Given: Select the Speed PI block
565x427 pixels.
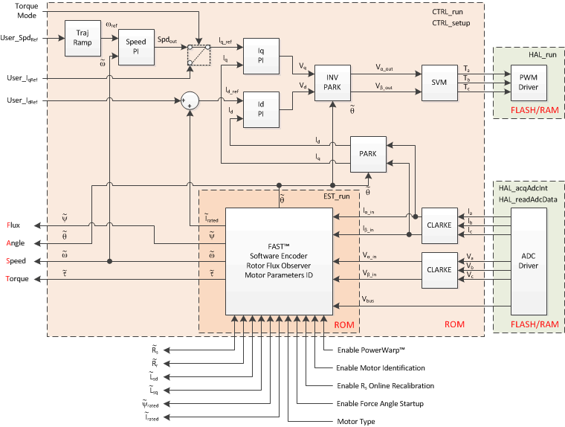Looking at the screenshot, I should coord(136,47).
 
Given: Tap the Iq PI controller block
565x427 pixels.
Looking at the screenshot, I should coord(262,57).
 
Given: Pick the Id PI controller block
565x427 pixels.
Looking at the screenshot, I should coord(262,110).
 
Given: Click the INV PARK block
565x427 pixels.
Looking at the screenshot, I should coord(332,80).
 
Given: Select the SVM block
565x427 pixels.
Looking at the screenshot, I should coord(439,80).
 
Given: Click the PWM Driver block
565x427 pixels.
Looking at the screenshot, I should coord(527,80).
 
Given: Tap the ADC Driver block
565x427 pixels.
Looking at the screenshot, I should coord(529,261).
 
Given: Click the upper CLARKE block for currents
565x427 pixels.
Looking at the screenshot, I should coord(439,224).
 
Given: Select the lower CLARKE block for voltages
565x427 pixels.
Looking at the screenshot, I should coord(439,270).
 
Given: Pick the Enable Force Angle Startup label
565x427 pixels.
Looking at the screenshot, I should coord(380,403).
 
